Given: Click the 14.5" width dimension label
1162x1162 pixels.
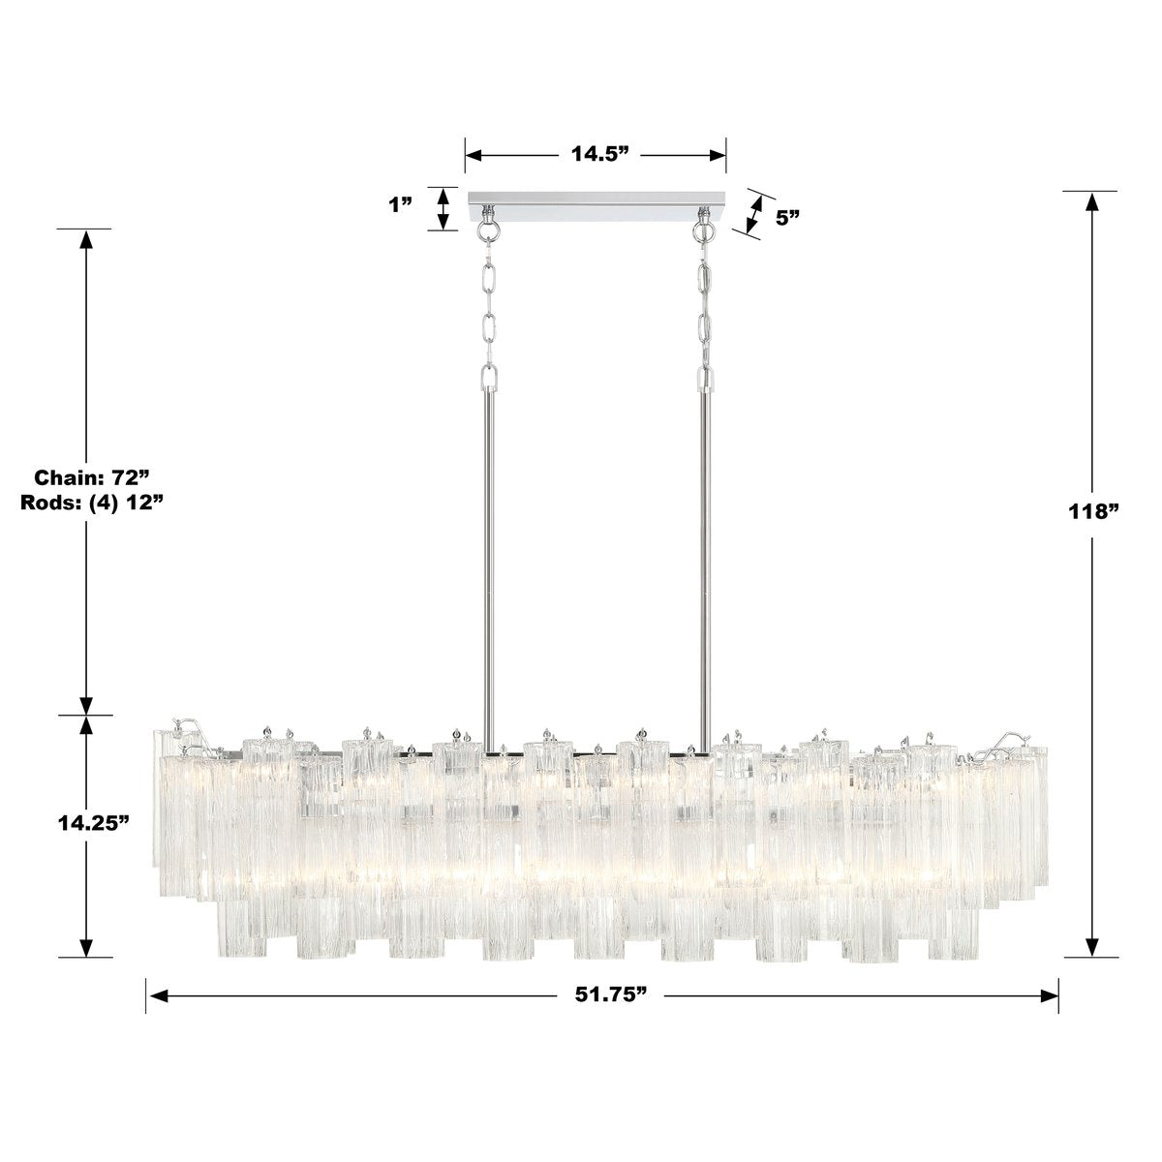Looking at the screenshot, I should click(x=596, y=155).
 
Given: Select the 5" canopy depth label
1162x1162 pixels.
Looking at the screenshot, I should click(x=786, y=218).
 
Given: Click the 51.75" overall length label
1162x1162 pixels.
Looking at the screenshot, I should click(x=603, y=995).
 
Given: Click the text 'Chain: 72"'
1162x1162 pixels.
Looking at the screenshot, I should click(x=92, y=477).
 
